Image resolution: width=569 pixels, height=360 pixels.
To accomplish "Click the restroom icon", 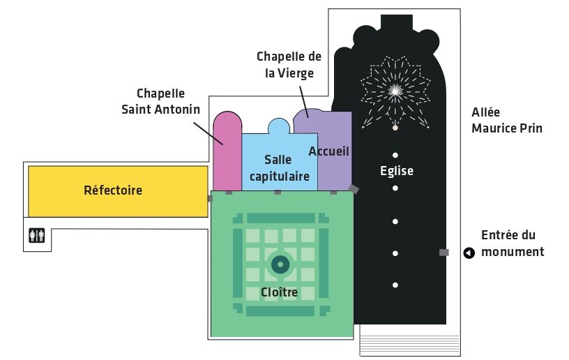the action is pos(37,235).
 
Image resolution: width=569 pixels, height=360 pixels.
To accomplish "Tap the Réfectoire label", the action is pos(113,190).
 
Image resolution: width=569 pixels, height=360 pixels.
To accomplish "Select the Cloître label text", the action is pos(279,292).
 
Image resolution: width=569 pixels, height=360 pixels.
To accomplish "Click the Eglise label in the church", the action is pos(397,170).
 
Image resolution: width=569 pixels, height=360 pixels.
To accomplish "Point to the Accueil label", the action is pos(328,151).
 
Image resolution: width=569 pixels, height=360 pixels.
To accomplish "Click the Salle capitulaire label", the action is pos(280,168).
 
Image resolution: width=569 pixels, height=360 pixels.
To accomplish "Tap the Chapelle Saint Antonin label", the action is pos(160,101).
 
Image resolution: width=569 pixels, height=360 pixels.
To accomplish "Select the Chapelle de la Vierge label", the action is pos(289,65).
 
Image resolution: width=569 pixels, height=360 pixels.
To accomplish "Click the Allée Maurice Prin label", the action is pos(506,120).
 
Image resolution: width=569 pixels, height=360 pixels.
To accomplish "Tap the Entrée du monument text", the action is pos(513,243).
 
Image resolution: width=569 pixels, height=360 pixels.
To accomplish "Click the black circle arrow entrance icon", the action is pos(469,253).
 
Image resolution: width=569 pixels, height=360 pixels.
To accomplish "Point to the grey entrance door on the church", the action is pos(443,253).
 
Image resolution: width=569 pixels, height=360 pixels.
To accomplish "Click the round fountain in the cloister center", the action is pos(280,264).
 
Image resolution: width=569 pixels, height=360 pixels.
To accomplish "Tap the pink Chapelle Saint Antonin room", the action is pos(227,152).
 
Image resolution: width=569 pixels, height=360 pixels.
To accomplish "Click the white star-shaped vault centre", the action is pos(395,91).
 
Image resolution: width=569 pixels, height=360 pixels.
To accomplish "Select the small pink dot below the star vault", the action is pos(395,128).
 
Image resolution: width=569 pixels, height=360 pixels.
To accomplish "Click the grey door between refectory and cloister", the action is pos(210,198).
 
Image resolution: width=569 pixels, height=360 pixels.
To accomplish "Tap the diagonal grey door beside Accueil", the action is pos(354,189).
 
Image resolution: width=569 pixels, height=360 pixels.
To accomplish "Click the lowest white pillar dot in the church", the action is pos(395,285).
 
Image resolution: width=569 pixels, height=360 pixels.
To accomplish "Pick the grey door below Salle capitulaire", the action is pos(278,193).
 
